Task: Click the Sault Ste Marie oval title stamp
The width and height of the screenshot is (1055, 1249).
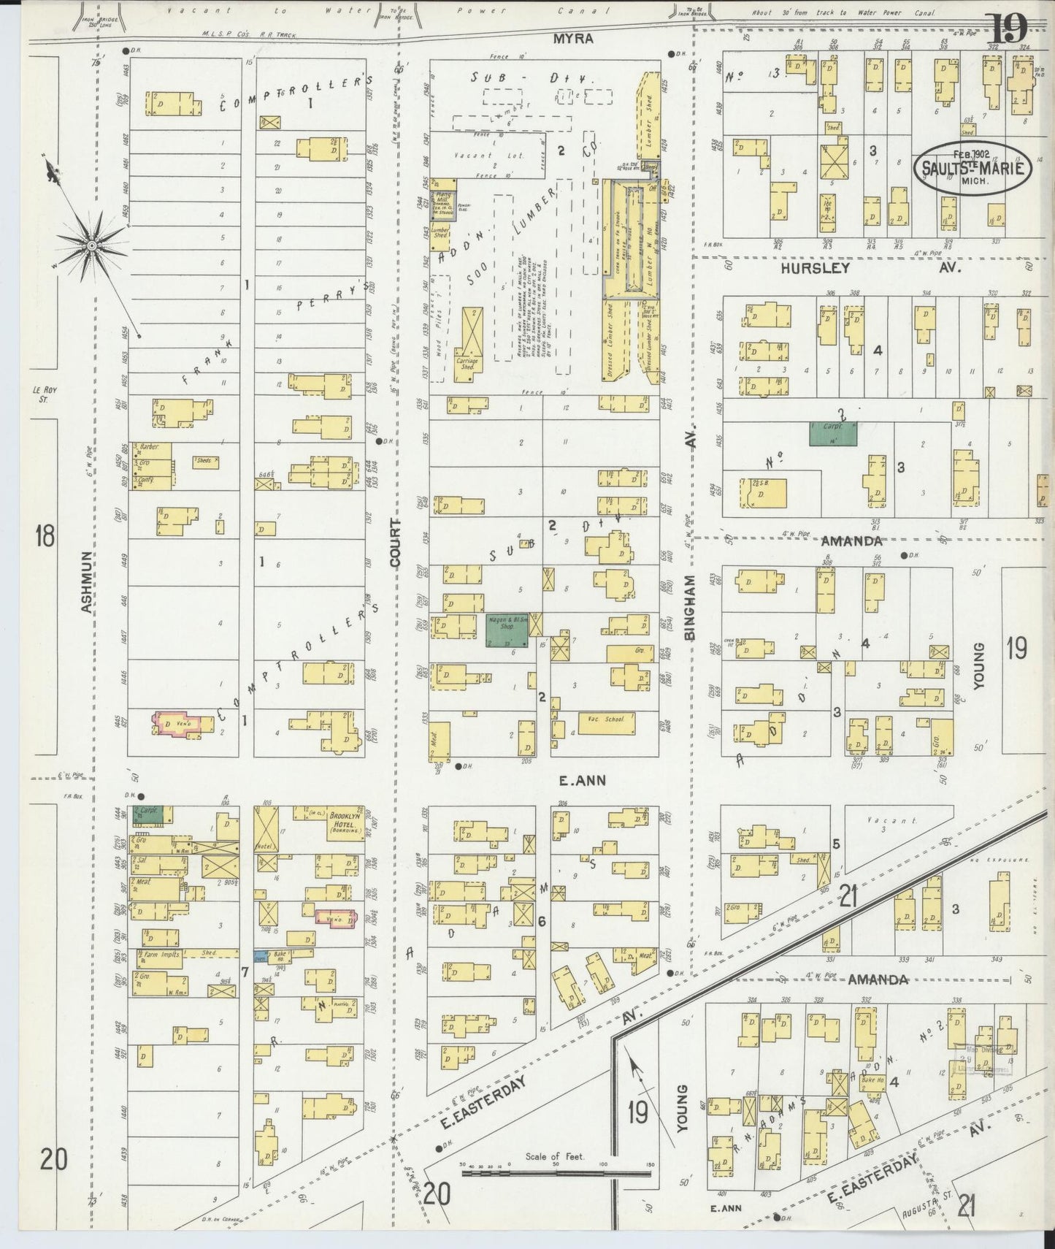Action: [x=972, y=167]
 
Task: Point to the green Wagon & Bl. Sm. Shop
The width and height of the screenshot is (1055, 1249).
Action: [x=510, y=630]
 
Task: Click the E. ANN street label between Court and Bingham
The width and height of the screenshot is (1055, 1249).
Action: [x=582, y=781]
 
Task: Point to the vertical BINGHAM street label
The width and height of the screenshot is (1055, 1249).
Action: [x=691, y=608]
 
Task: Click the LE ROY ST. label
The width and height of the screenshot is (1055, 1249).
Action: [x=45, y=394]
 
